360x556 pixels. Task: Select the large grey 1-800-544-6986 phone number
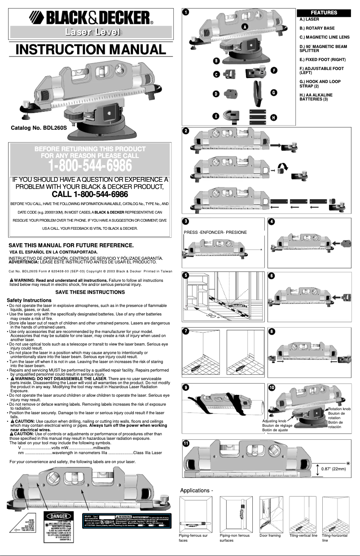click(x=90, y=166)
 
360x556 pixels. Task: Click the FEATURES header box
click(x=324, y=13)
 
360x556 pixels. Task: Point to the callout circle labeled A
click(x=244, y=26)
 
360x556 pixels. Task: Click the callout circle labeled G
click(x=273, y=92)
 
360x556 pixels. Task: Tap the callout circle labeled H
click(x=273, y=118)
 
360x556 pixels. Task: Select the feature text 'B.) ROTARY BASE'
click(x=316, y=28)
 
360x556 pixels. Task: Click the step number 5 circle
click(x=185, y=276)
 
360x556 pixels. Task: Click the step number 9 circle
click(x=185, y=387)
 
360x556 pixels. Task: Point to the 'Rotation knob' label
click(x=339, y=409)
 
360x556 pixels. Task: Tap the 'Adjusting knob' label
click(x=274, y=421)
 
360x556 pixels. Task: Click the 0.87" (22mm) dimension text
click(x=333, y=469)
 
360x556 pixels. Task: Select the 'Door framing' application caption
click(x=270, y=536)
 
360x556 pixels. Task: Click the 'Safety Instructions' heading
click(x=29, y=300)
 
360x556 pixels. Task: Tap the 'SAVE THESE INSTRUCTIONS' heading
click(x=90, y=292)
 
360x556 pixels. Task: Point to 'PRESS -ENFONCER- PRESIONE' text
click(x=215, y=232)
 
